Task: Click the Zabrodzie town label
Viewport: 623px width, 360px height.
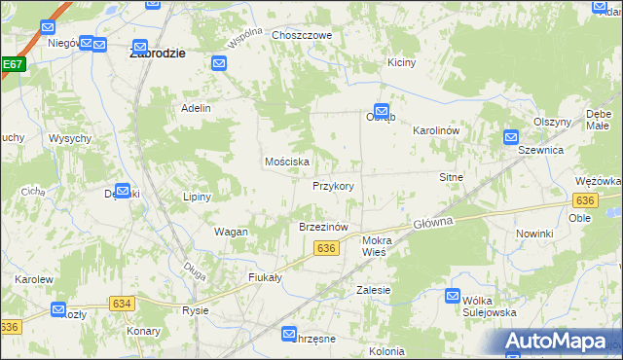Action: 158,54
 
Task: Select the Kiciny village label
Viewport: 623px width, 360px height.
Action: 401,62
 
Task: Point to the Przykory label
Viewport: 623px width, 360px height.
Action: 333,185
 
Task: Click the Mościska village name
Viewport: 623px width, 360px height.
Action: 287,162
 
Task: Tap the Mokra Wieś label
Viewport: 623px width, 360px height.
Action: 375,245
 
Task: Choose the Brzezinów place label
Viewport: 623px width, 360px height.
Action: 322,227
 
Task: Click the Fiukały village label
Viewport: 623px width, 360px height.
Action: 265,276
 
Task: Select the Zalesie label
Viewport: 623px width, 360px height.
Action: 374,290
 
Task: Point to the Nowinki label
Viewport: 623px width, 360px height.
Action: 534,234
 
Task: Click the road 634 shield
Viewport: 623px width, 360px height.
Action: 122,304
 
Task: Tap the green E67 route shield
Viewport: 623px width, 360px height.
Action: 12,65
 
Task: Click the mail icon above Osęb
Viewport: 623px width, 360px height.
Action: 382,112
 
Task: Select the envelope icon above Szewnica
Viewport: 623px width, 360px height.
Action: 511,138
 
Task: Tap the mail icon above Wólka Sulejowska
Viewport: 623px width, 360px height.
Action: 454,296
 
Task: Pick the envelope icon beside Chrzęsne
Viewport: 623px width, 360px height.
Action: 290,334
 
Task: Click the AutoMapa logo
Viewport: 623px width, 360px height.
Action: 560,341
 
